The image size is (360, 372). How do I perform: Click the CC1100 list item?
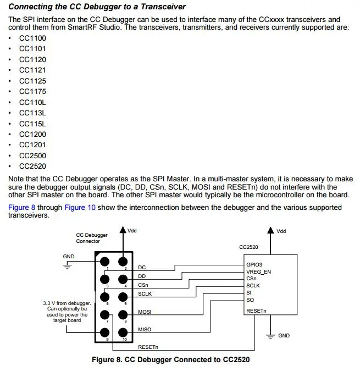(x=32, y=38)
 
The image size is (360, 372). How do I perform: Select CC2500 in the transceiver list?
(x=32, y=156)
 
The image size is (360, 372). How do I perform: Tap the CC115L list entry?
(x=32, y=124)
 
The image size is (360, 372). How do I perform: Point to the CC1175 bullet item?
(x=32, y=91)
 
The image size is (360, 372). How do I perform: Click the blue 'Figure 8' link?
(x=23, y=208)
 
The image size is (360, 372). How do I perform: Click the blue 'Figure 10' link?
(x=80, y=208)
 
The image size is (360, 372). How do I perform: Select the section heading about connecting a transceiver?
(x=97, y=7)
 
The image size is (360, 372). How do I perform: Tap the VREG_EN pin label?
(x=259, y=272)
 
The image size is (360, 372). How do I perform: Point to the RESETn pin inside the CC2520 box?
(x=257, y=310)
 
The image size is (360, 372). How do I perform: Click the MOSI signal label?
(x=145, y=312)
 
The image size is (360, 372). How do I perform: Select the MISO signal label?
(x=145, y=330)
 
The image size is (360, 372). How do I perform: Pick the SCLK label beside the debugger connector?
(x=145, y=294)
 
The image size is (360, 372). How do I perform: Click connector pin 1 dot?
(x=105, y=262)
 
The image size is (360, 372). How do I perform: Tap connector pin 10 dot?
(x=125, y=332)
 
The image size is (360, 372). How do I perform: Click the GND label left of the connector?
(x=69, y=257)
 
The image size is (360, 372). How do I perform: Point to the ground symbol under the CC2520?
(x=270, y=335)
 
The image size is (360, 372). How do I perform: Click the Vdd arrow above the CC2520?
(x=269, y=231)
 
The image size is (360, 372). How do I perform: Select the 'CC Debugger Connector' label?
(x=92, y=238)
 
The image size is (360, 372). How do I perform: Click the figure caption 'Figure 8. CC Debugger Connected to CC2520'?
(x=172, y=360)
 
